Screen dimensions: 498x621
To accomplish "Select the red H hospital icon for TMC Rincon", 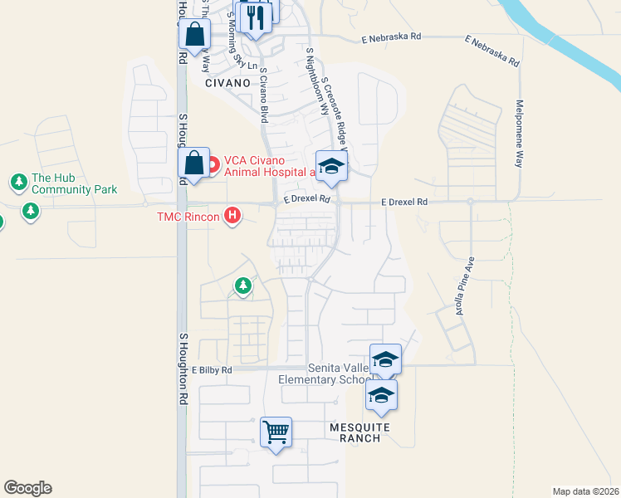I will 232,217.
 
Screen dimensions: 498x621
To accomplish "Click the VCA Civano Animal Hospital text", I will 265,166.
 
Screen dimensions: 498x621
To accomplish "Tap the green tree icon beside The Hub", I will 18,181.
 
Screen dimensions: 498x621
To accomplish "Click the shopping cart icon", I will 276,432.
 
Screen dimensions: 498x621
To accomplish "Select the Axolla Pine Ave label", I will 463,286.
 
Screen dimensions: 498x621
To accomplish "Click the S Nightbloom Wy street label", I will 316,75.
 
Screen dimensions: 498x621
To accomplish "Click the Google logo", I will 27,488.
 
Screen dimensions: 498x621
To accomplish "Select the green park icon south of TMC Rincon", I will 242,286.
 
